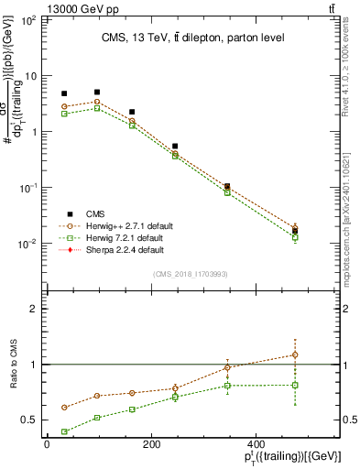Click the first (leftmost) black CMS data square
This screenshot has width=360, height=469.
pos(64,93)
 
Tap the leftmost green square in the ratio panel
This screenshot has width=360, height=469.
pos(64,431)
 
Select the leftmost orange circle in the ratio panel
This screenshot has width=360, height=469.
pos(64,408)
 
